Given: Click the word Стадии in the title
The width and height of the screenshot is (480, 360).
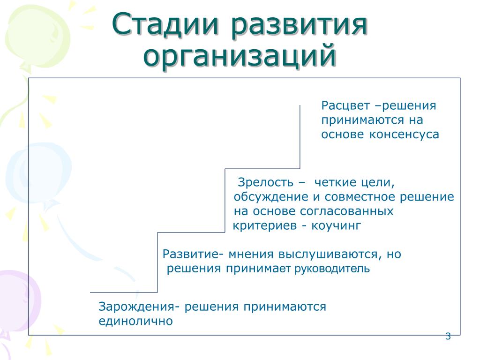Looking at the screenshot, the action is pyautogui.click(x=165, y=24).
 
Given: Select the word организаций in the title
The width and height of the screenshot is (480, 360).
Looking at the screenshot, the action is pyautogui.click(x=240, y=57).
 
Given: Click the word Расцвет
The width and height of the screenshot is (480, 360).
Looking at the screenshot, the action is pyautogui.click(x=345, y=106).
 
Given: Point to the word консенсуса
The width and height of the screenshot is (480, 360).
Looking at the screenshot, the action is pyautogui.click(x=404, y=135).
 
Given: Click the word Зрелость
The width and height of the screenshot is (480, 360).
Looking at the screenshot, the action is pyautogui.click(x=265, y=183).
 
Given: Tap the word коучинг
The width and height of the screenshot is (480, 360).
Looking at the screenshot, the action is pyautogui.click(x=336, y=226).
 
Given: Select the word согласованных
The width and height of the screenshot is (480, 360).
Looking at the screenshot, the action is pyautogui.click(x=346, y=211).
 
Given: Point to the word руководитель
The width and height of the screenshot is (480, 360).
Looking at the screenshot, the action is pyautogui.click(x=332, y=269).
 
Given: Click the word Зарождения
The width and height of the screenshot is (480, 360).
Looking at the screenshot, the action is pyautogui.click(x=137, y=307).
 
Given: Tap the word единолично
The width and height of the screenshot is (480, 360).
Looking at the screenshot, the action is pyautogui.click(x=135, y=322).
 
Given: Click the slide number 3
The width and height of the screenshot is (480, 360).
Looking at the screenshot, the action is pyautogui.click(x=448, y=336).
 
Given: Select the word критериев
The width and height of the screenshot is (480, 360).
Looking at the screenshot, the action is pyautogui.click(x=265, y=226).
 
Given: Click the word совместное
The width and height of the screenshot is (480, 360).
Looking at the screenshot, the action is pyautogui.click(x=360, y=197).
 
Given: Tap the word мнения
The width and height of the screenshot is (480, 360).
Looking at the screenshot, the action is pyautogui.click(x=251, y=255).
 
